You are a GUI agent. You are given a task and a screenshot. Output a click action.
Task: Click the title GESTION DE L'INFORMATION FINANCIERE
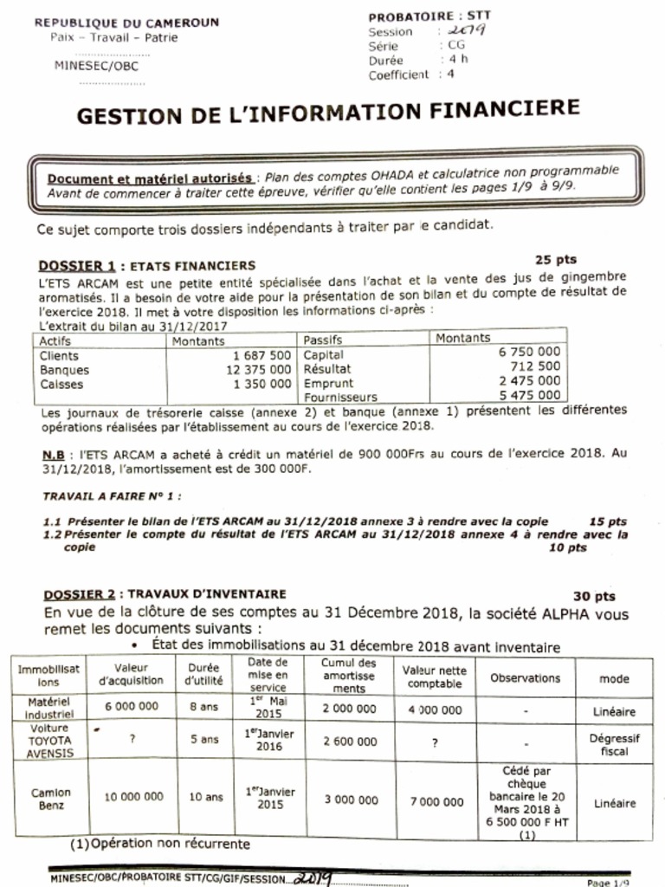point(327,112)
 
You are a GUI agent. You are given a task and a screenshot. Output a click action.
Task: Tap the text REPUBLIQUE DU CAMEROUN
point(127,23)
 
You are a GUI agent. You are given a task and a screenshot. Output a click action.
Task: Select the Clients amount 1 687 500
point(261,355)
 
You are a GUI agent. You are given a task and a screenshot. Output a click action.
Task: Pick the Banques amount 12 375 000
point(258,370)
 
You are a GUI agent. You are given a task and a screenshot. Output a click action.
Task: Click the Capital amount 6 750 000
point(528,353)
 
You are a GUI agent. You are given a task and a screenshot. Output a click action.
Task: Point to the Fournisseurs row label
point(336,397)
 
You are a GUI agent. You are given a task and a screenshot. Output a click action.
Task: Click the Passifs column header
point(322,340)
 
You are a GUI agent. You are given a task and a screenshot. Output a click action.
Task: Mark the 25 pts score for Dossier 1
point(555,259)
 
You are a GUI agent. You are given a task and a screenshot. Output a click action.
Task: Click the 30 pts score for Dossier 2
point(594,596)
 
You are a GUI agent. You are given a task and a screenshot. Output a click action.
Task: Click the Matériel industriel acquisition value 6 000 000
point(132,706)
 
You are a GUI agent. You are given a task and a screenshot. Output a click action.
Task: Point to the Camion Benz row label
point(51,800)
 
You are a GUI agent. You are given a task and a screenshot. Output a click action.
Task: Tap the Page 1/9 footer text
point(609,882)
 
